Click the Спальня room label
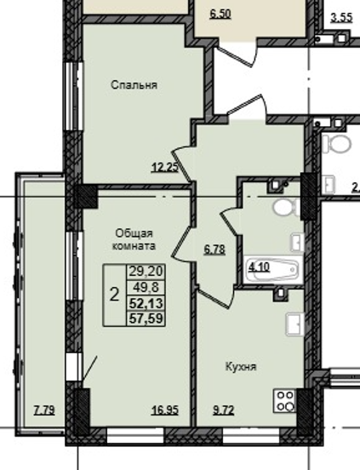click(x=134, y=85)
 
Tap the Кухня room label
click(x=241, y=367)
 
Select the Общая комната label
click(x=134, y=239)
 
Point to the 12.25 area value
click(x=165, y=167)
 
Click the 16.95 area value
click(x=165, y=410)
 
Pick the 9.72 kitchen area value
click(x=224, y=410)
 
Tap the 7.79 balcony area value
click(x=44, y=410)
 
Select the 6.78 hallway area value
click(x=214, y=249)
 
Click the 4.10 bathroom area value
click(x=259, y=267)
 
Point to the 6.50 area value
click(x=220, y=14)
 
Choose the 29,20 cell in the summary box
click(x=146, y=272)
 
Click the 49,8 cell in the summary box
click(x=146, y=288)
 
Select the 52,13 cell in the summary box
click(x=146, y=303)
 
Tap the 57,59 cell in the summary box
click(x=146, y=318)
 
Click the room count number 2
click(x=114, y=295)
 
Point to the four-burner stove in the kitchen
click(x=285, y=401)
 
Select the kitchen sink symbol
click(x=295, y=324)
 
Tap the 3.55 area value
click(x=341, y=17)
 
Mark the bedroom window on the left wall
click(x=74, y=96)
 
